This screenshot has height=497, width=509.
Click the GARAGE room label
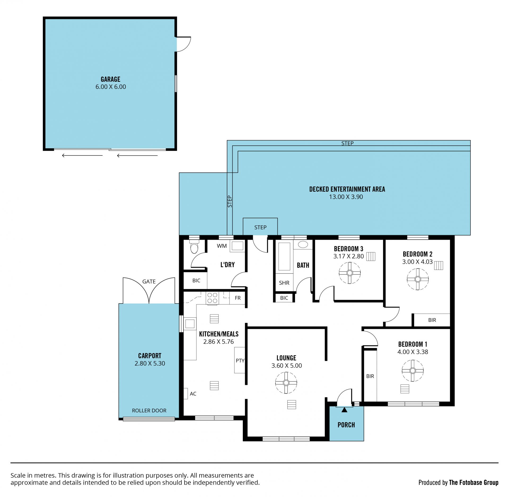coord(110,79)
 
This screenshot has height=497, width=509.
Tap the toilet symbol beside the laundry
coord(194,247)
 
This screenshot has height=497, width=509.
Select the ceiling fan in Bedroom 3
coord(350,273)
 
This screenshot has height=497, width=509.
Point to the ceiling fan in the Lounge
coord(286,383)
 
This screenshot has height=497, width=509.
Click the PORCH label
coord(346,425)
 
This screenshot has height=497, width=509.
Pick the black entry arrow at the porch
coord(344,410)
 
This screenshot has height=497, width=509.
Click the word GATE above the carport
coord(149,282)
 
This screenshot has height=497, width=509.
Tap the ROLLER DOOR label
coord(149,410)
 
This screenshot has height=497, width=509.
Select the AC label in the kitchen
coord(193,394)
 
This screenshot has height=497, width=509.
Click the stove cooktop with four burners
coord(212,298)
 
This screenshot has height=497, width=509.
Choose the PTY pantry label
coord(240,361)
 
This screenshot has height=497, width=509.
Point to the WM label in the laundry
coord(222,246)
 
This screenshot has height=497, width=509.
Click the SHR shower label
coord(284,283)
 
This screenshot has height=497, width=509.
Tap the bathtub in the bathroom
coord(284,256)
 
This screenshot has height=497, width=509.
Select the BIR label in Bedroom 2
coord(432,320)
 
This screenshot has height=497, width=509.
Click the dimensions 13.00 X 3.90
coord(346,197)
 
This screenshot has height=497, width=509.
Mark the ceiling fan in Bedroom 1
coord(413,371)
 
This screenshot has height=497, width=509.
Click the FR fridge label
coord(238,298)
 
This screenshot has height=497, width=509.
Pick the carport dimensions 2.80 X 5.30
coord(150,364)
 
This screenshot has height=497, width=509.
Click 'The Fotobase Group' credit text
coord(473,482)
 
